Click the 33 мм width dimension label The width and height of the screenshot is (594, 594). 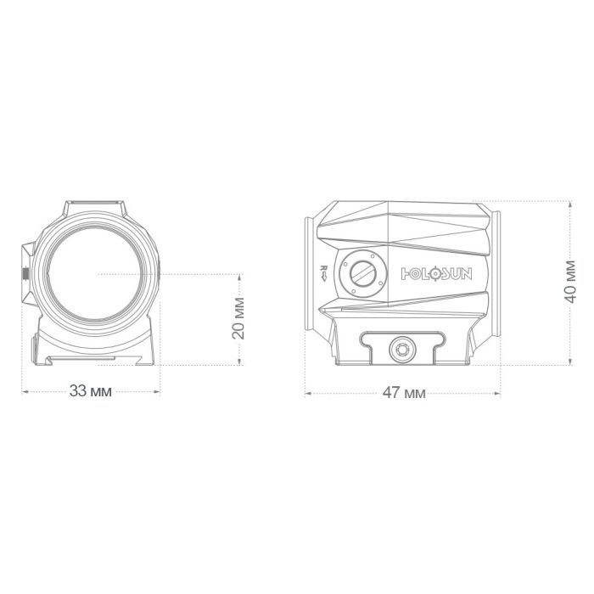pos(91,391)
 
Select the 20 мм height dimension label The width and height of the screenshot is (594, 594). pos(238,318)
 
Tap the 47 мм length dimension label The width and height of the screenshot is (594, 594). pos(404,393)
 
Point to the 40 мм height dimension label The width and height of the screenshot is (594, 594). pos(570,282)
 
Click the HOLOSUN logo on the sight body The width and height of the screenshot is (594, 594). pos(436,273)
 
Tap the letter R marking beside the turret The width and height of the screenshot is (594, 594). pos(324,268)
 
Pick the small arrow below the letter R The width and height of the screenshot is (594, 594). pos(324,277)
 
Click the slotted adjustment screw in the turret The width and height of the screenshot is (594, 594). pos(363,272)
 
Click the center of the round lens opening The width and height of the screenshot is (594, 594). pos(95,273)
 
